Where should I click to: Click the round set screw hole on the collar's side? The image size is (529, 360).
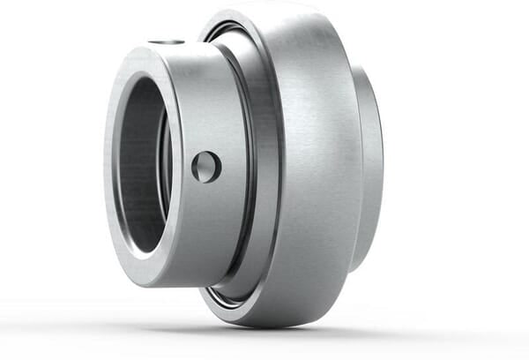tap(206, 167)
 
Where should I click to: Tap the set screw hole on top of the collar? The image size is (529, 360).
tap(166, 41)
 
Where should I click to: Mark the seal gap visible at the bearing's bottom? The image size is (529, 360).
tap(226, 296)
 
